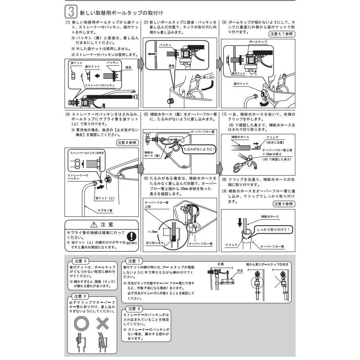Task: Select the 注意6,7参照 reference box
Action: tap(282, 34)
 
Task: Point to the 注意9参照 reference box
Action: tap(283, 204)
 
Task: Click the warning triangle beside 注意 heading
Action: tap(94, 224)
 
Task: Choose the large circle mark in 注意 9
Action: tap(81, 323)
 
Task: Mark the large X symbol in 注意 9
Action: tap(102, 323)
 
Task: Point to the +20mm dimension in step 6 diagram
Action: tap(153, 231)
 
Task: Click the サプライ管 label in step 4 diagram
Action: tap(105, 210)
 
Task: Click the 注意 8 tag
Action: tap(134, 309)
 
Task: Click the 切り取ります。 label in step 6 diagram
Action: tap(156, 243)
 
